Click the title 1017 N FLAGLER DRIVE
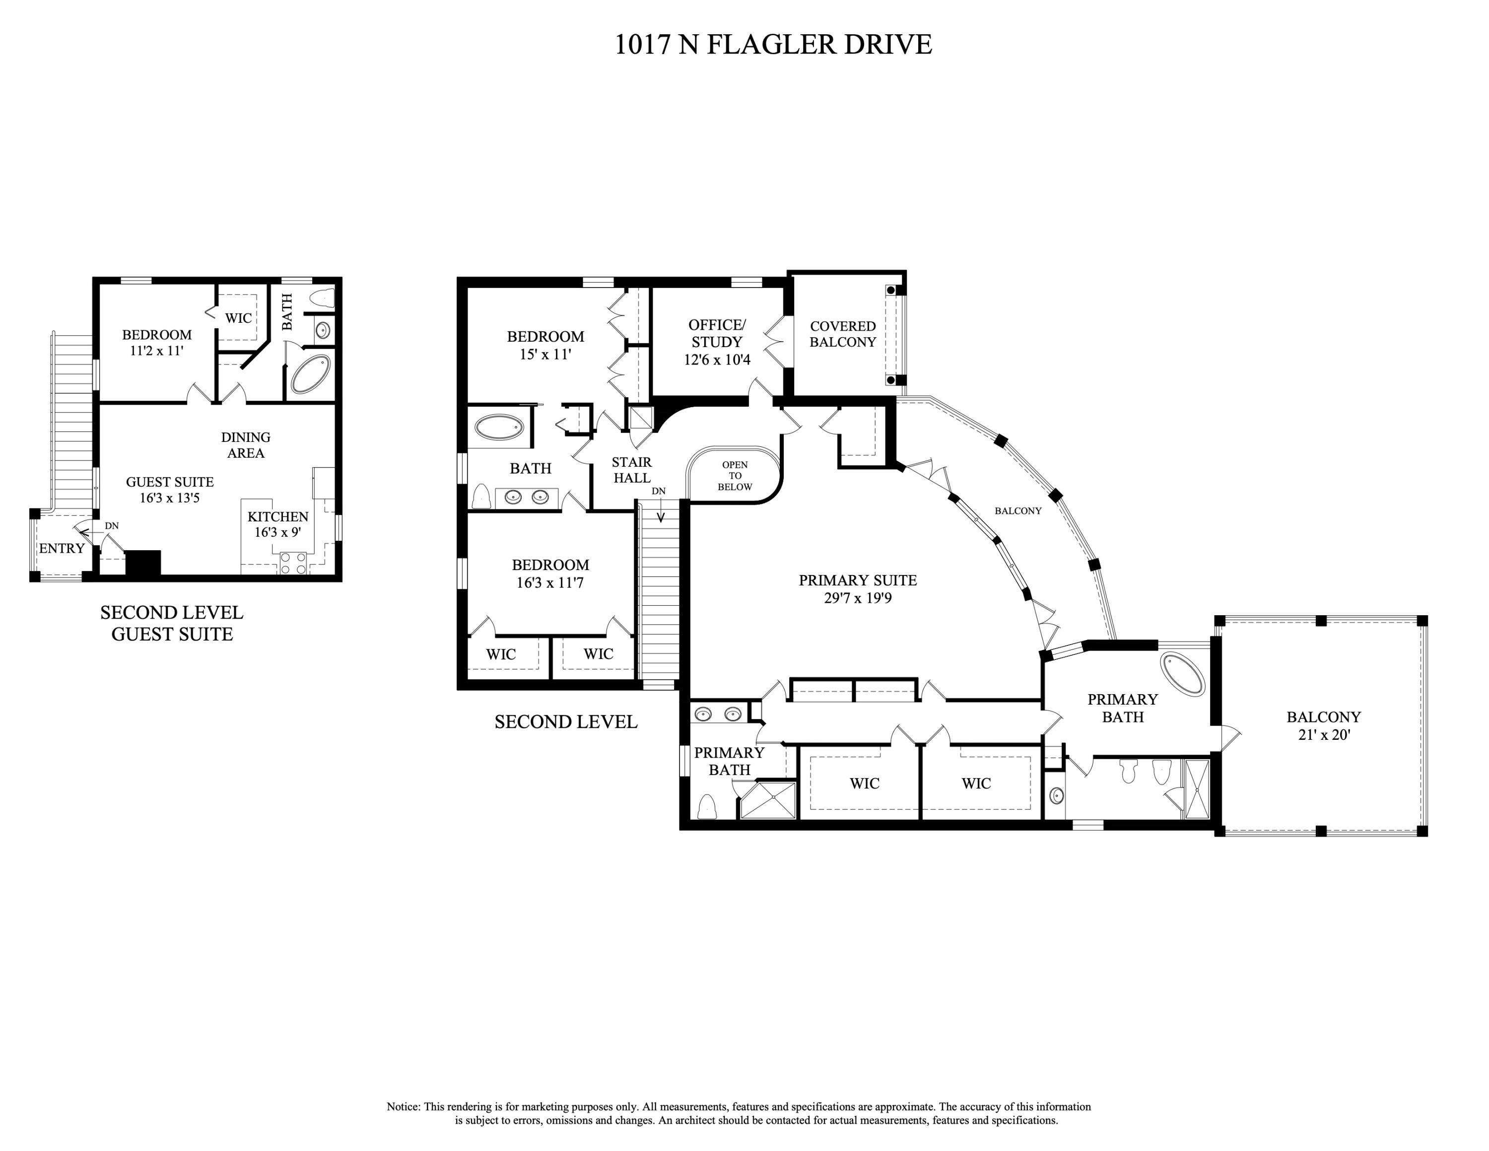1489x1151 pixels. click(x=773, y=44)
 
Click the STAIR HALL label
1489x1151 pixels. click(x=632, y=470)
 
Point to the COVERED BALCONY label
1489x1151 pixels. click(x=843, y=334)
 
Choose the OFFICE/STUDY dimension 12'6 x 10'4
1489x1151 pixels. click(x=717, y=360)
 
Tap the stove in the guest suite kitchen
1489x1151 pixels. click(x=294, y=563)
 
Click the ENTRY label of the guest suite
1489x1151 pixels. click(x=62, y=548)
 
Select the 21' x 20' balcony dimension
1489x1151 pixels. click(x=1323, y=735)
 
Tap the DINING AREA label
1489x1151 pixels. click(x=246, y=444)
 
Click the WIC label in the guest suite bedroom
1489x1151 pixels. click(x=238, y=318)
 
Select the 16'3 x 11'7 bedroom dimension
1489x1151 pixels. click(x=550, y=583)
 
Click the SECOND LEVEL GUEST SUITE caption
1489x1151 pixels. click(x=172, y=623)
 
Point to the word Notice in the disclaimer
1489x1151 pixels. click(x=403, y=1107)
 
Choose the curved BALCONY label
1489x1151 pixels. click(x=1018, y=511)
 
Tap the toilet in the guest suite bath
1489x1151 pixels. click(x=323, y=298)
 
